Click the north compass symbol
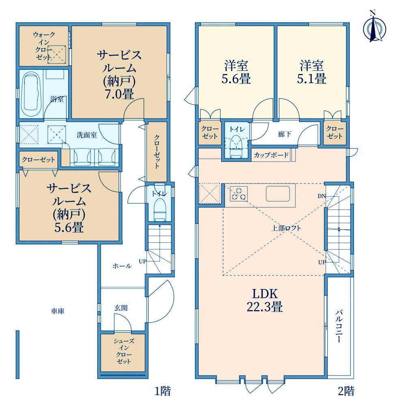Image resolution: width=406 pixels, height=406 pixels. click(374, 28)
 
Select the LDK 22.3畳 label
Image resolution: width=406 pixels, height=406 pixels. click(265, 300)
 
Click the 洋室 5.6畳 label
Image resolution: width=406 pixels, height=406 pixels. click(236, 72)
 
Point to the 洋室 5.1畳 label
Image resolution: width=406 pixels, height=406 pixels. click(311, 72)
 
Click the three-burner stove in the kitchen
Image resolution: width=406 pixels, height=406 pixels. click(238, 194)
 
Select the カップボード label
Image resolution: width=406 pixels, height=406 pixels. click(271, 155)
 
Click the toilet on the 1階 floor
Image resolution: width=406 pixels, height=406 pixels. click(160, 209)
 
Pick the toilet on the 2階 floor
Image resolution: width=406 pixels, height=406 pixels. click(236, 146)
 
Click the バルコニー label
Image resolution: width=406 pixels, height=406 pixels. click(339, 326)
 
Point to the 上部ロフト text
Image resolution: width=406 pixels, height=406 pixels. click(286, 228)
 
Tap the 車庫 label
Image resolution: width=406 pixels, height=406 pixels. click(58, 311)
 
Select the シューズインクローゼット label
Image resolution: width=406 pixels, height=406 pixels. click(124, 351)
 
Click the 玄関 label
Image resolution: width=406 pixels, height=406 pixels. click(121, 308)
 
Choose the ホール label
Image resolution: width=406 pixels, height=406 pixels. click(122, 266)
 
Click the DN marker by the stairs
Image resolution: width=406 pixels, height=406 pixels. click(322, 196)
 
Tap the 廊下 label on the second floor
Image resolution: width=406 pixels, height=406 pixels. click(284, 134)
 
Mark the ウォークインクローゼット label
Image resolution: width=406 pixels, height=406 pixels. click(44, 46)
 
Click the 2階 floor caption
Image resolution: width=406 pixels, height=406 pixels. click(346, 391)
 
